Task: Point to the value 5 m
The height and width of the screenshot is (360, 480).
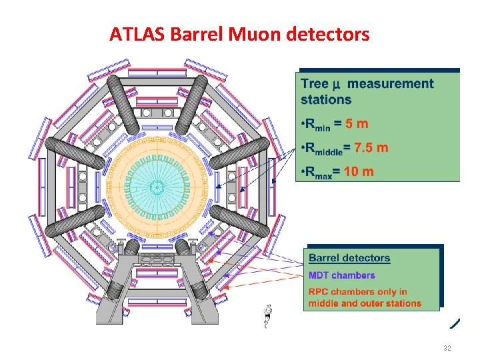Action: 352,124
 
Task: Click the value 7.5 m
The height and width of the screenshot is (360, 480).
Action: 371,148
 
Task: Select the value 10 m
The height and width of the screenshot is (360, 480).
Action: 359,171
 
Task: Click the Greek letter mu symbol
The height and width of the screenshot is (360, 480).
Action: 337,85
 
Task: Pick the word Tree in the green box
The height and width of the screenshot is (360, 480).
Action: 315,84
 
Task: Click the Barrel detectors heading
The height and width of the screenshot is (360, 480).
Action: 350,259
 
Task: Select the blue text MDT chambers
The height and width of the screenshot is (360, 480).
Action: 341,275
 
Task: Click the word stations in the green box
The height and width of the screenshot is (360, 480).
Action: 326,100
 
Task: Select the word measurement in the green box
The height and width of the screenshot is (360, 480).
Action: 391,84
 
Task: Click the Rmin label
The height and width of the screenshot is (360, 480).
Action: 314,125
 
